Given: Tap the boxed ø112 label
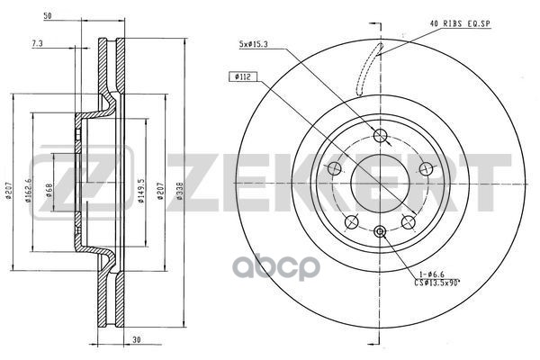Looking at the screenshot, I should (242, 77).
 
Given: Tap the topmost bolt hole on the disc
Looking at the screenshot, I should (380, 137).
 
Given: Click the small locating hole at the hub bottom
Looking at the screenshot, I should (380, 232).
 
